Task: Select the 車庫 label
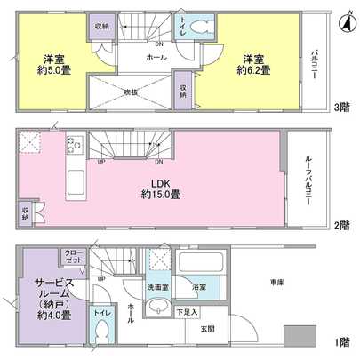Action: pyautogui.click(x=276, y=282)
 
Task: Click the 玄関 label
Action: pyautogui.click(x=207, y=329)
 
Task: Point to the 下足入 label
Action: pyautogui.click(x=186, y=312)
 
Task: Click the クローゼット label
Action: pyautogui.click(x=73, y=259)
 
